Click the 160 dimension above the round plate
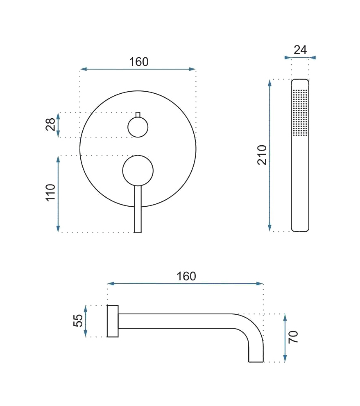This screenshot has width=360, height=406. (x=139, y=62)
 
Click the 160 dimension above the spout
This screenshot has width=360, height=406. (x=186, y=276)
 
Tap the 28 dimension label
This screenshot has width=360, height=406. (x=50, y=124)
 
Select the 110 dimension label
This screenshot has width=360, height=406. (x=50, y=192)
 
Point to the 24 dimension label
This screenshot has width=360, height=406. (x=300, y=50)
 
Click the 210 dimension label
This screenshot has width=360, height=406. (x=262, y=155)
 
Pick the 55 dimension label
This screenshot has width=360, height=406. (x=78, y=320)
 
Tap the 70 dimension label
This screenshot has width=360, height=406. (x=293, y=337)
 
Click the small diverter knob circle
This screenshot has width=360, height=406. (x=138, y=127)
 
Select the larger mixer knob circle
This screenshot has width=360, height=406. (x=138, y=171)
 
